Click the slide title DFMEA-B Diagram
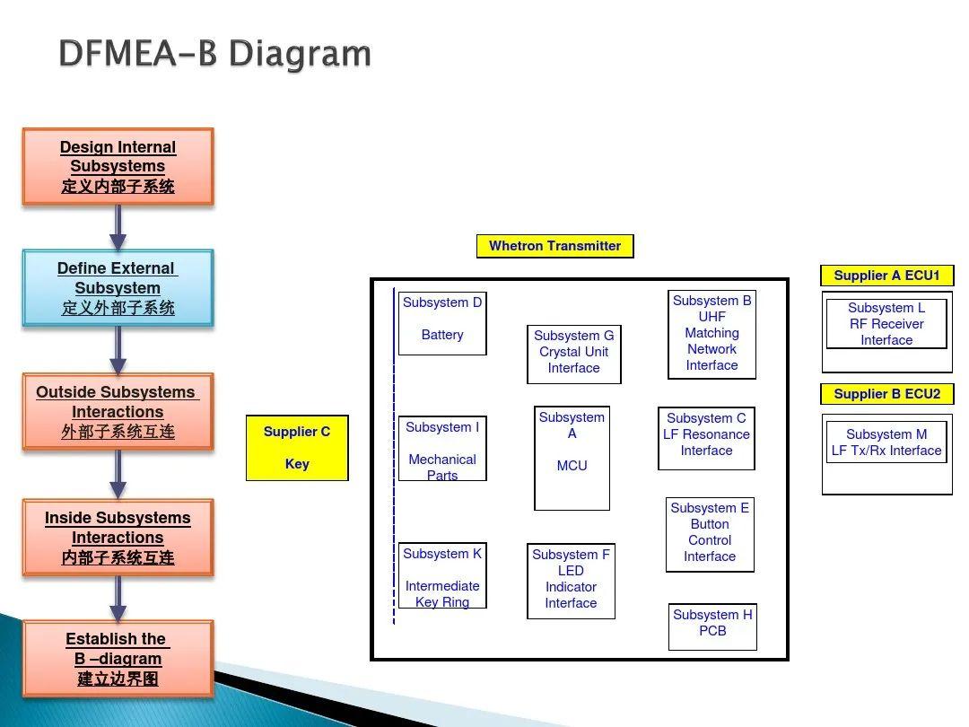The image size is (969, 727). tap(214, 54)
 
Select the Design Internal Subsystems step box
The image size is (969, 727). tap(118, 167)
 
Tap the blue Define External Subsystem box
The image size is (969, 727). tap(118, 287)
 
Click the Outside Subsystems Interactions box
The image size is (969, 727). tap(118, 412)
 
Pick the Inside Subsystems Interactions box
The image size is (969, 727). tap(118, 538)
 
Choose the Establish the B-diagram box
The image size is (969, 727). tap(118, 659)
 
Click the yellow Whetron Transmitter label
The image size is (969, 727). tap(554, 246)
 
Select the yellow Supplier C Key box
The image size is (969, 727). tap(297, 448)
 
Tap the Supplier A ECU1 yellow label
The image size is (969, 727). tap(886, 276)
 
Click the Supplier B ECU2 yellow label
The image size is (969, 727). tap(886, 394)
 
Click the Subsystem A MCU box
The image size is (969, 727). tap(572, 458)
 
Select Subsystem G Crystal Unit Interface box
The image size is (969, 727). tap(573, 354)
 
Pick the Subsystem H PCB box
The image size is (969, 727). tap(712, 626)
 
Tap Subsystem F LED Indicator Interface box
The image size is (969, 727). tap(571, 581)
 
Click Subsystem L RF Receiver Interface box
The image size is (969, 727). tap(886, 324)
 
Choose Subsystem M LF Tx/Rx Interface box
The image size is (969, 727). tap(886, 442)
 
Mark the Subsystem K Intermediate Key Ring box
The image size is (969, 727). tap(442, 575)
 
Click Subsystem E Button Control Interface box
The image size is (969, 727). tap(710, 534)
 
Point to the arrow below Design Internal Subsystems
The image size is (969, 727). tap(118, 228)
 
